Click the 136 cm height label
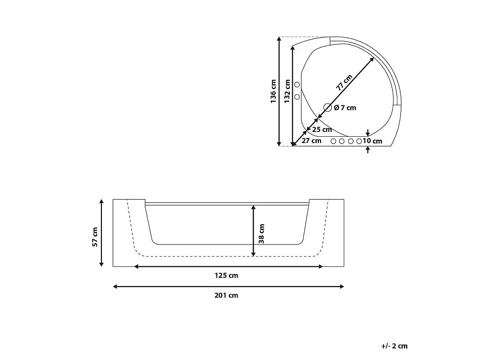pos(273,91)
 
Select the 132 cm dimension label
pos(287,91)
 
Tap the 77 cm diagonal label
pos(344,83)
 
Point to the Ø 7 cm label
pos(345,108)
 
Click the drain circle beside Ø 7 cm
pos(327,108)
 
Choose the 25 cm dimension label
pos(322,130)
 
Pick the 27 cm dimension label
pos(311,141)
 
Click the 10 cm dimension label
pos(372,141)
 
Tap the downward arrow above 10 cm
pos(368,132)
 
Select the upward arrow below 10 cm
pos(368,150)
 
